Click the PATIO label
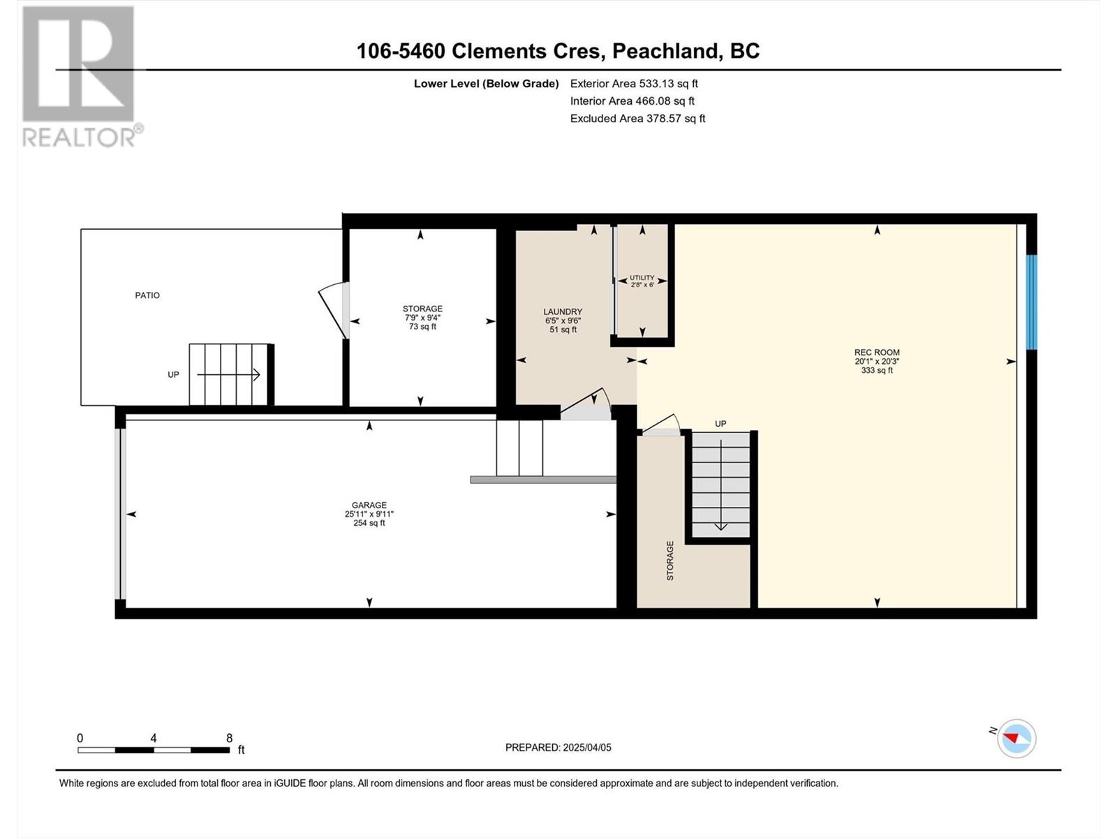(x=147, y=295)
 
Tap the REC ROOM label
(x=877, y=353)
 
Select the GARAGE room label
(x=369, y=505)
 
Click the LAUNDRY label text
(x=563, y=312)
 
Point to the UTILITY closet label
(x=642, y=278)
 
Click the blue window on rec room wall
(x=1031, y=302)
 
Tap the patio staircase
(x=230, y=374)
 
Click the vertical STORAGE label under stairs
(x=670, y=560)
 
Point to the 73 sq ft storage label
(x=422, y=326)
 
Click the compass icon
(x=1016, y=738)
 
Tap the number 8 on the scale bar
(x=229, y=738)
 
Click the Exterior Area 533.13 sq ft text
(x=634, y=84)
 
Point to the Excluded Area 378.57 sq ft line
(x=637, y=119)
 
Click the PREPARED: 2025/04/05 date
(x=558, y=747)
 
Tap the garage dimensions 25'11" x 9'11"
(x=369, y=514)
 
